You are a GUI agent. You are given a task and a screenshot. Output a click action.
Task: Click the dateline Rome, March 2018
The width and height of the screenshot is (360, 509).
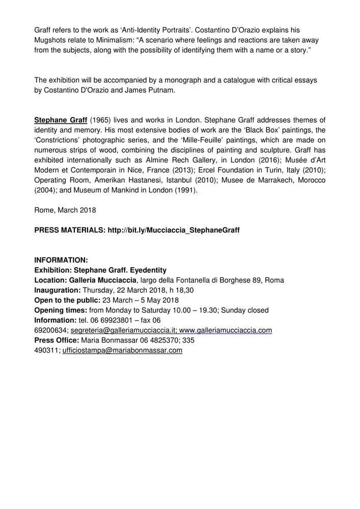(65, 210)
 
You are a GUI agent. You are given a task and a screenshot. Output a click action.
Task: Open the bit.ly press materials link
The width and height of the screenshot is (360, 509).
(173, 230)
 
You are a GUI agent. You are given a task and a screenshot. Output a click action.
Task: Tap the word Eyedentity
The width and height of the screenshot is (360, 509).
(147, 270)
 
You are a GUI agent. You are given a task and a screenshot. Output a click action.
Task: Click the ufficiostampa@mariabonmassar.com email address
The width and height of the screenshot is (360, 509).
(122, 350)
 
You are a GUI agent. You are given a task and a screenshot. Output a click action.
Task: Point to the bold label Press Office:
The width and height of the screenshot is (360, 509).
(56, 340)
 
